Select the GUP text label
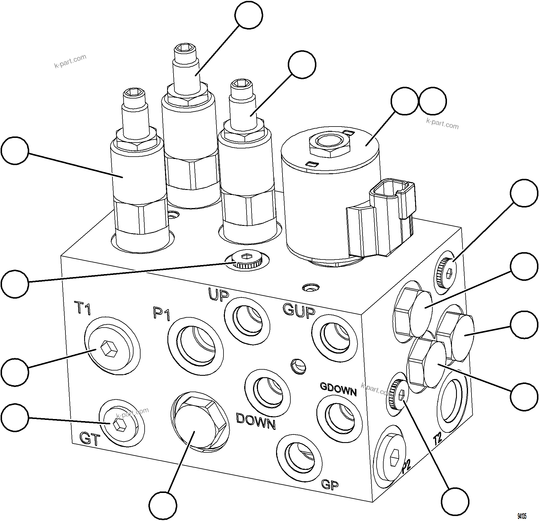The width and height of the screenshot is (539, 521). (299, 310)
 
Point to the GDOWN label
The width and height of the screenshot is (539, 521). (338, 389)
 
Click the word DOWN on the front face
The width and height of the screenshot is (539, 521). (256, 421)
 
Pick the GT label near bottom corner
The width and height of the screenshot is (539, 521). (90, 439)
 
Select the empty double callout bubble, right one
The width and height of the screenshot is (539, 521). (432, 101)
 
